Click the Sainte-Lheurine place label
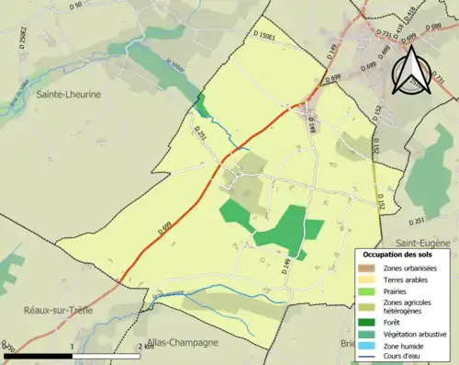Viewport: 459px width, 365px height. (x=68, y=94)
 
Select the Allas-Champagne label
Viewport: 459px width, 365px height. (x=182, y=342)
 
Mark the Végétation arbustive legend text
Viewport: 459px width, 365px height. (x=418, y=333)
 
